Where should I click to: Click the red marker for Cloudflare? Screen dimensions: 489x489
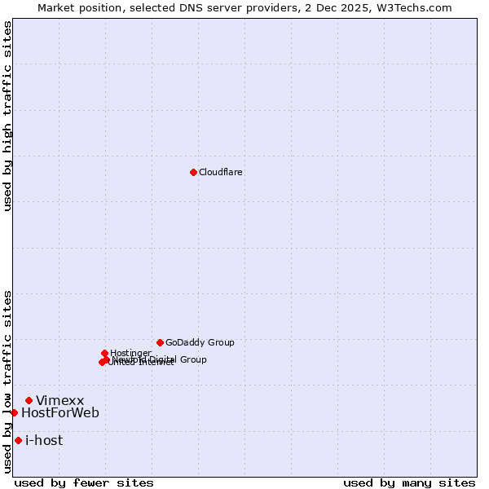point(193,172)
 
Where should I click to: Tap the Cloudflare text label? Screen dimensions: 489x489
point(221,173)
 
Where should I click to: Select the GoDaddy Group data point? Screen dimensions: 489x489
point(160,342)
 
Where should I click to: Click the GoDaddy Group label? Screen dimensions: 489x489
point(200,343)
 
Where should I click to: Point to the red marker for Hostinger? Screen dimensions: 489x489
point(105,353)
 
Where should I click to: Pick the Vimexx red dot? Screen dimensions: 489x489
point(29,400)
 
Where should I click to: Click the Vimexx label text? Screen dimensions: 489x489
point(60,401)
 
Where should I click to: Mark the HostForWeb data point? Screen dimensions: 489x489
point(14,412)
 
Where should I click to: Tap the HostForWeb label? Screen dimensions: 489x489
point(60,413)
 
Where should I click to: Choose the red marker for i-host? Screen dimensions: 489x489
point(18,440)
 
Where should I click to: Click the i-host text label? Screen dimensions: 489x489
point(44,441)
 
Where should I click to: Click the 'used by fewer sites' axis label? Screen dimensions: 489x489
point(84,482)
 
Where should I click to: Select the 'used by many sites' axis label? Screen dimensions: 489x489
point(409,482)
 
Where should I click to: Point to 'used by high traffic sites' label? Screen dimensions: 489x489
point(7,116)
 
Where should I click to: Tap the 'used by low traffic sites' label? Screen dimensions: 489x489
point(7,381)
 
